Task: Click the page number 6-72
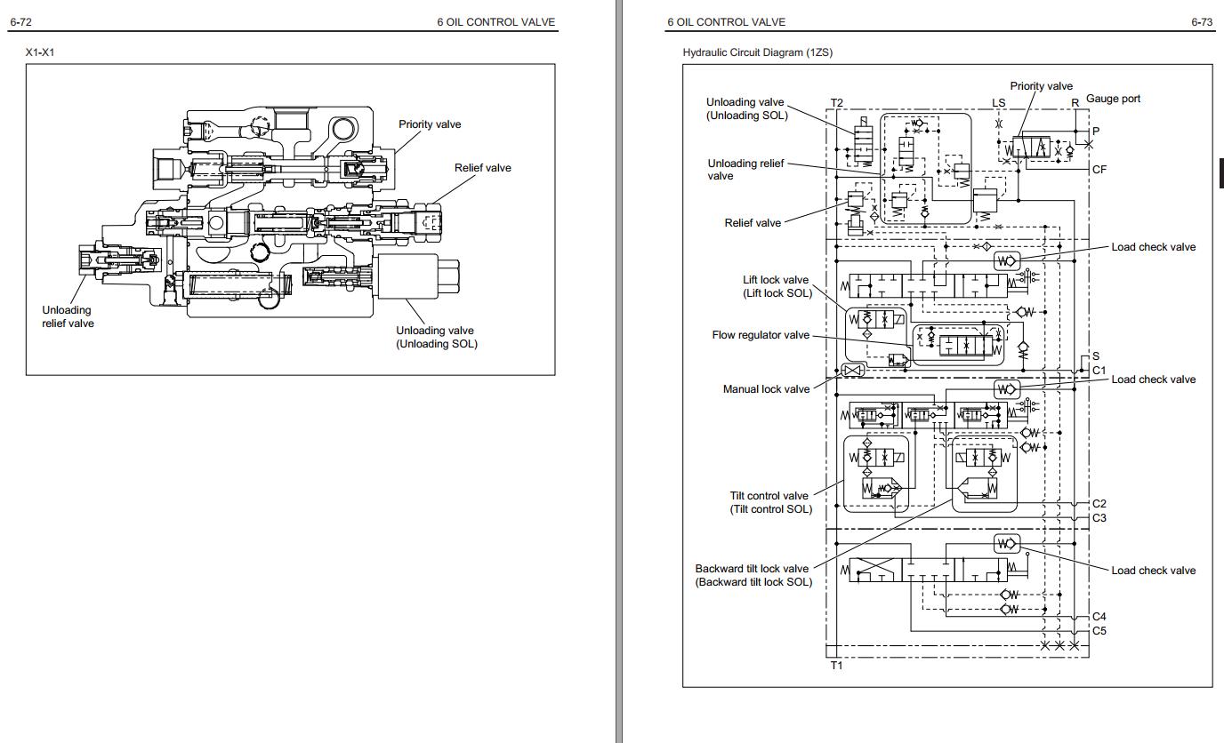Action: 20,22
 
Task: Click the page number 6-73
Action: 1202,22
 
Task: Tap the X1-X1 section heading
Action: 40,52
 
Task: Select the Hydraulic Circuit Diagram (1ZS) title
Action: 757,52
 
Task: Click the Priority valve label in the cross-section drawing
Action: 430,124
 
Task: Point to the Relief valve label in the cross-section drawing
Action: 482,167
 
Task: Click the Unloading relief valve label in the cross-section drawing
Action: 68,316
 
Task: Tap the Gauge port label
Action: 1113,99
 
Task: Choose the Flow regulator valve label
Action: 761,335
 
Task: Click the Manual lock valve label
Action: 766,389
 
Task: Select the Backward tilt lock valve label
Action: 753,575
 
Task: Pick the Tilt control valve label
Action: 769,502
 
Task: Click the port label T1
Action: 836,665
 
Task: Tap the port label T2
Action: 836,103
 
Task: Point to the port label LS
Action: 998,103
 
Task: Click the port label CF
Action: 1099,169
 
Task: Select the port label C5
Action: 1099,631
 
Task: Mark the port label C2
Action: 1099,504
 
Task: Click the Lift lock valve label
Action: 777,286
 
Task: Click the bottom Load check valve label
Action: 1153,571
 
